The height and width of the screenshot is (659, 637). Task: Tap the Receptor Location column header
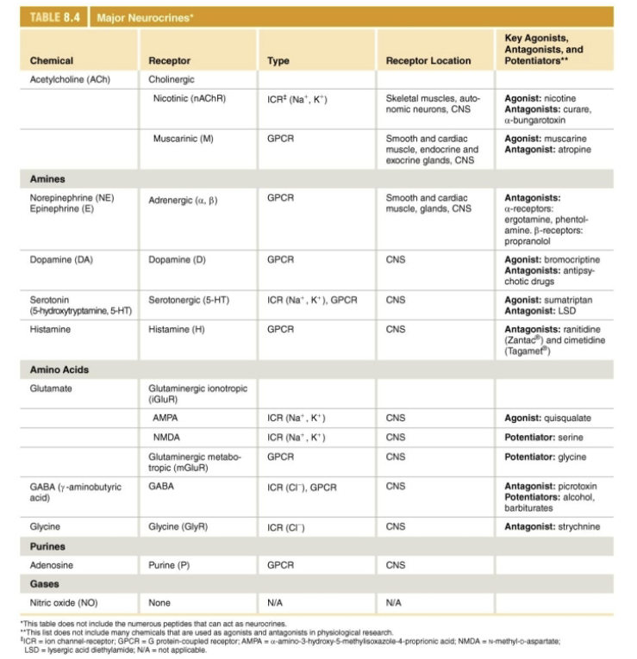(428, 61)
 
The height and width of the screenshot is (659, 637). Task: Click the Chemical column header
(51, 61)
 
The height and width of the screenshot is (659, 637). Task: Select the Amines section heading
(48, 178)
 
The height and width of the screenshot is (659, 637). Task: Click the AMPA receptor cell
(165, 419)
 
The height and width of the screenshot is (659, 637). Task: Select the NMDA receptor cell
(166, 438)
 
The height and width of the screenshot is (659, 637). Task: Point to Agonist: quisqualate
(547, 419)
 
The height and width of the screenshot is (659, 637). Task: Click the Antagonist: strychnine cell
(552, 526)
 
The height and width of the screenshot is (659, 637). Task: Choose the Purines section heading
(47, 546)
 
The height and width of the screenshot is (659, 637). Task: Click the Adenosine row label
(53, 566)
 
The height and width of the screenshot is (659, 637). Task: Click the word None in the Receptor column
(159, 602)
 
